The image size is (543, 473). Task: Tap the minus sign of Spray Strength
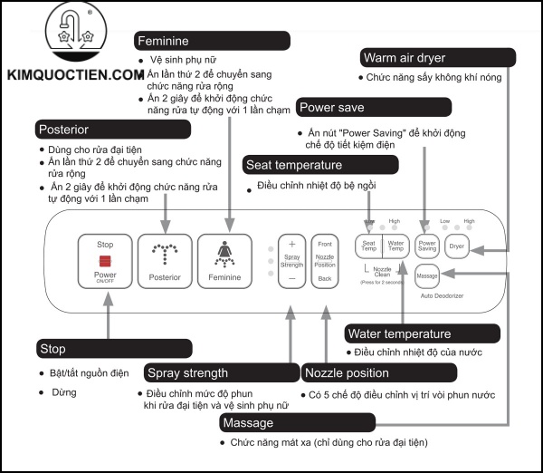point(291,279)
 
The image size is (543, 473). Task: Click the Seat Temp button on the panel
point(369,245)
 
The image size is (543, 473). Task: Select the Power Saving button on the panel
point(427,245)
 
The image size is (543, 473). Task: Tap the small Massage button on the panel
point(427,275)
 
